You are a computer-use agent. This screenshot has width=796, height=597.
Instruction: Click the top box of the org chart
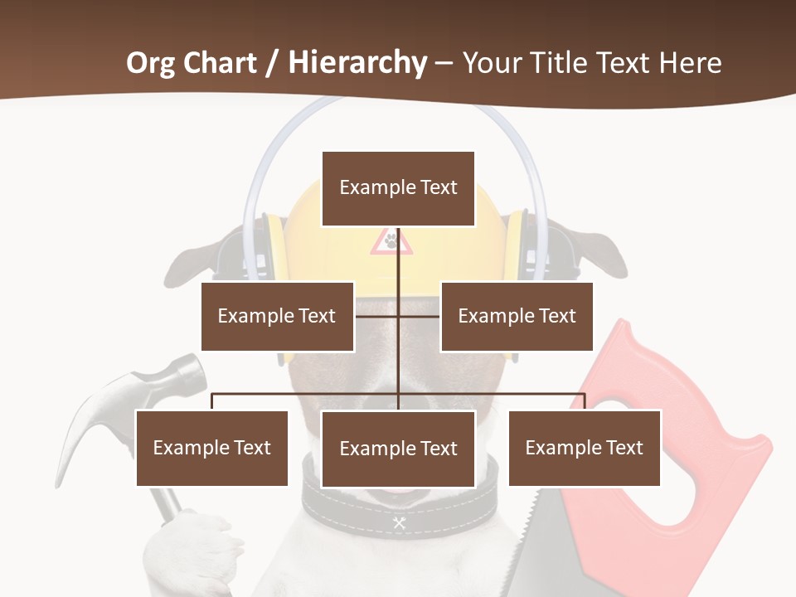(x=398, y=188)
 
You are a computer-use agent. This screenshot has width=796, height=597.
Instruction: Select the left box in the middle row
(x=277, y=316)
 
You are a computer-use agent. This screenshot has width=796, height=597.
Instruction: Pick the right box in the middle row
(x=517, y=316)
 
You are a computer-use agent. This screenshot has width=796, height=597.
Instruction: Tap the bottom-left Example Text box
(x=212, y=448)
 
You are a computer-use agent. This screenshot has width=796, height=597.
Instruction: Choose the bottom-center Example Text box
(x=398, y=449)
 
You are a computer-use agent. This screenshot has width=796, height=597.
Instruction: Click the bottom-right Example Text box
(x=585, y=448)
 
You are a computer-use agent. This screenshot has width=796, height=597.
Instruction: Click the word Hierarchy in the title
(x=357, y=62)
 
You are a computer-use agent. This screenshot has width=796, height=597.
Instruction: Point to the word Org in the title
(x=153, y=62)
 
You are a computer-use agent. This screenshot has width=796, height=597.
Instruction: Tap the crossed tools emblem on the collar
(x=399, y=522)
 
